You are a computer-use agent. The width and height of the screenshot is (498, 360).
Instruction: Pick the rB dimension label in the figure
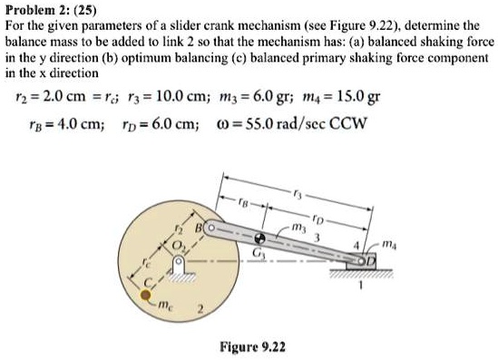point(245,201)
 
